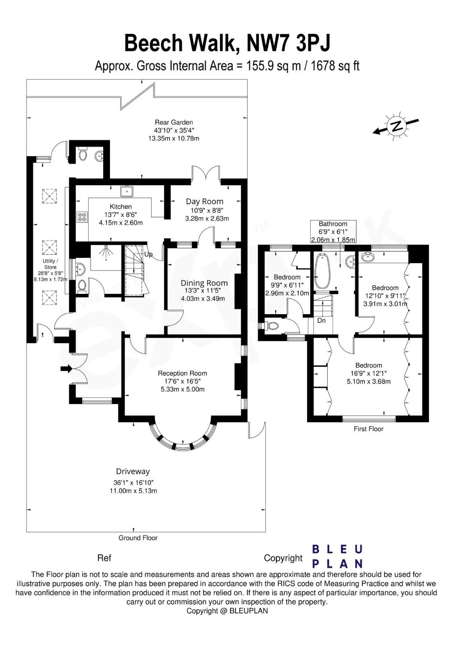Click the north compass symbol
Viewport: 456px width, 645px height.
[396, 126]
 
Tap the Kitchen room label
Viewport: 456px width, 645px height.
[121, 207]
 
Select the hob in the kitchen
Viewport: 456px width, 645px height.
[82, 217]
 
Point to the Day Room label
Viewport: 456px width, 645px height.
[205, 201]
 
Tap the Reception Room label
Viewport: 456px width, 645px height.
[182, 373]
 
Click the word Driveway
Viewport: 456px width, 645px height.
[133, 471]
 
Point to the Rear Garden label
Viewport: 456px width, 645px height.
[174, 123]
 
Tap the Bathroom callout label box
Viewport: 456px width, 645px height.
[333, 232]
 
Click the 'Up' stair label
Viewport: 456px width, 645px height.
[148, 254]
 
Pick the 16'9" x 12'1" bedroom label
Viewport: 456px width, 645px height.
[368, 373]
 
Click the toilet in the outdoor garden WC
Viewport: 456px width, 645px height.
[83, 154]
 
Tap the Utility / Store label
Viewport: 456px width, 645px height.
[50, 264]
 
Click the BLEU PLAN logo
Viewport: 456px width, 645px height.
[337, 556]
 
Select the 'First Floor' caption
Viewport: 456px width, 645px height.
[368, 429]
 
